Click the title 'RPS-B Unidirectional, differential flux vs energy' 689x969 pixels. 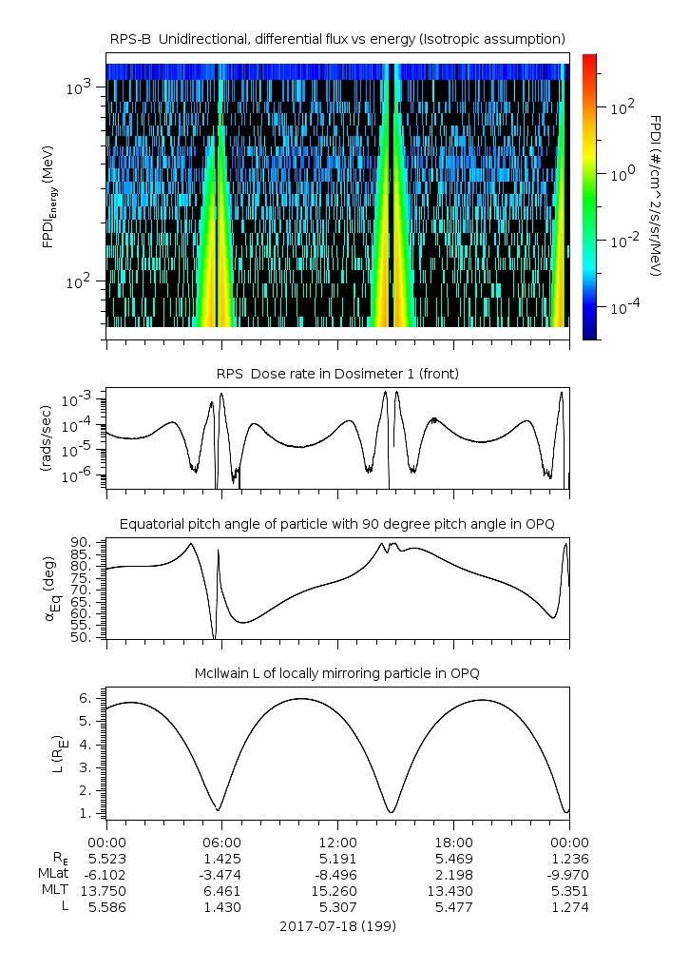coord(337,38)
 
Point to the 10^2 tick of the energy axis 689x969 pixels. coord(78,281)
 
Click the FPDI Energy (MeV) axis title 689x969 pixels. coord(48,196)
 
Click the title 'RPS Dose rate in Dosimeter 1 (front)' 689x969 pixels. coord(337,374)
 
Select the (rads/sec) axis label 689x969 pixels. coord(46,438)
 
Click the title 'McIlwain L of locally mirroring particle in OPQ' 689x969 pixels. coord(337,673)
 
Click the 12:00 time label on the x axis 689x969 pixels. coord(337,842)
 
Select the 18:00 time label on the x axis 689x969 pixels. coord(453,842)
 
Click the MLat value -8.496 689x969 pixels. coord(337,874)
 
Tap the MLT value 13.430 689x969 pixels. coord(453,890)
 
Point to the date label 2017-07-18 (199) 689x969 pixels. coord(337,925)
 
